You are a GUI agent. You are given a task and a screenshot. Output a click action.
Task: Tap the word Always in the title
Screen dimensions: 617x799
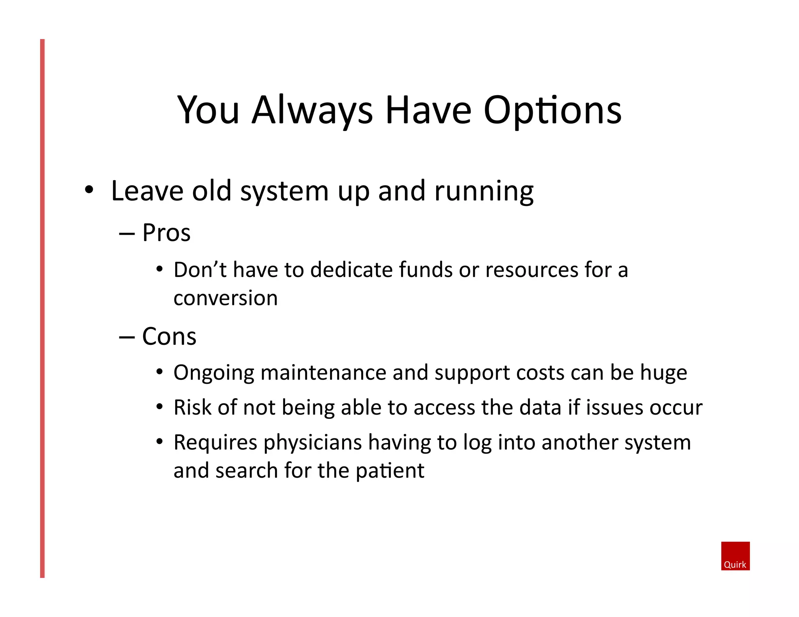click(x=312, y=111)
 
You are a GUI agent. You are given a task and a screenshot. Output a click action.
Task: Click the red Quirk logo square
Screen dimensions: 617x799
click(x=735, y=555)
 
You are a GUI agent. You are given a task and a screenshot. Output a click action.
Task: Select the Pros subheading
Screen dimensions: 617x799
click(x=166, y=233)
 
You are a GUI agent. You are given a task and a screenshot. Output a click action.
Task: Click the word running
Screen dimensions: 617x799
click(x=484, y=192)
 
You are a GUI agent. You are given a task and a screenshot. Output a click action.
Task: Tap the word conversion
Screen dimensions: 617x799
click(x=225, y=298)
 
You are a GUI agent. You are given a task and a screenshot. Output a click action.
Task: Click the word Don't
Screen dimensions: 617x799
click(x=200, y=270)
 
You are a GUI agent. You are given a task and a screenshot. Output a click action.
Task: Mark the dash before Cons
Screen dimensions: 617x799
click(x=127, y=337)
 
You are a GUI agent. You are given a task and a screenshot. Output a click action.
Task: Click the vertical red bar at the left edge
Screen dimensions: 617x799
click(x=42, y=308)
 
